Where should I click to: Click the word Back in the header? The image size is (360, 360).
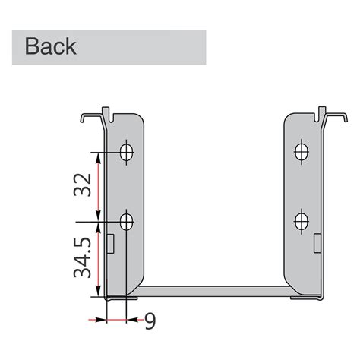coord(51,46)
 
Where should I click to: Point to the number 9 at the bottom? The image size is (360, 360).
coord(150,321)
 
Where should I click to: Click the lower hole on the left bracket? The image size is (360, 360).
coord(125,223)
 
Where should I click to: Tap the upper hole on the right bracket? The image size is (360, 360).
coord(302,150)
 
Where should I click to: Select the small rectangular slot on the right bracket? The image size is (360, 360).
coord(316,242)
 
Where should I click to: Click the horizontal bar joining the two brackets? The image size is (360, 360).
coord(213,292)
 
